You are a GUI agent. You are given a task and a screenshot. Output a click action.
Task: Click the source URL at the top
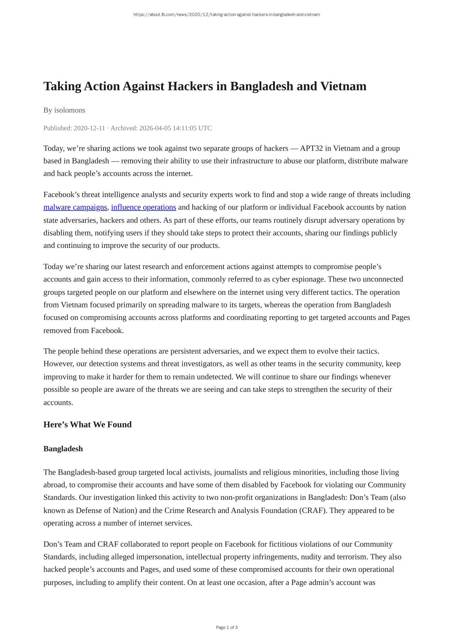(x=227, y=15)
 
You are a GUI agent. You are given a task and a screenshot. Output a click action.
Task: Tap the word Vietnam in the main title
(x=343, y=86)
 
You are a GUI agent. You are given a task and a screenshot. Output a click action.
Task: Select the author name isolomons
(x=69, y=110)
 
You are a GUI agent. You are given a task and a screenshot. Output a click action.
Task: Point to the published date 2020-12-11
(x=89, y=128)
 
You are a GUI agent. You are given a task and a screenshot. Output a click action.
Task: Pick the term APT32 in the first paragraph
(x=311, y=148)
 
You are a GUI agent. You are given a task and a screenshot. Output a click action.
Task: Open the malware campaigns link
(x=75, y=207)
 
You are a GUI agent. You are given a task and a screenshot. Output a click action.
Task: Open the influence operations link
(x=144, y=207)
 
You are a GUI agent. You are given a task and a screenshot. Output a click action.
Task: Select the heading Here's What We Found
(x=87, y=424)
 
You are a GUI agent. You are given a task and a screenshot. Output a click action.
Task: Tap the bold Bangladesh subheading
(x=63, y=449)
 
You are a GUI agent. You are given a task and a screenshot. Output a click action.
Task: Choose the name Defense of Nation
(x=106, y=510)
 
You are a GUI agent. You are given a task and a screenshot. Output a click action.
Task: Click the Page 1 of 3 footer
(x=227, y=627)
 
